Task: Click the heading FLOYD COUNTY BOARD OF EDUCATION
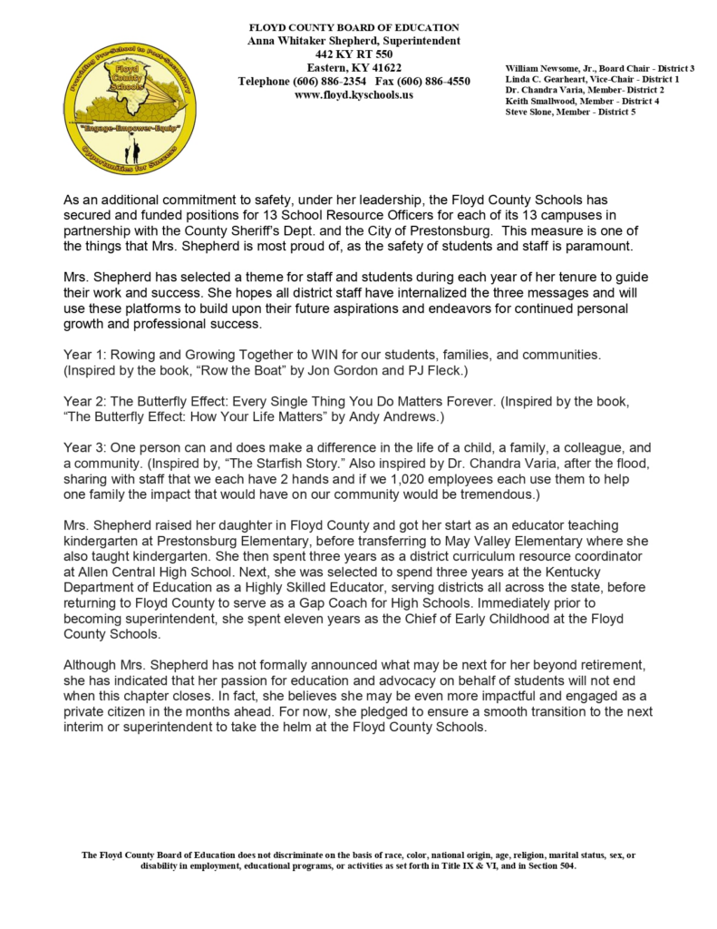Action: click(354, 28)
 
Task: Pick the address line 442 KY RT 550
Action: click(354, 54)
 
